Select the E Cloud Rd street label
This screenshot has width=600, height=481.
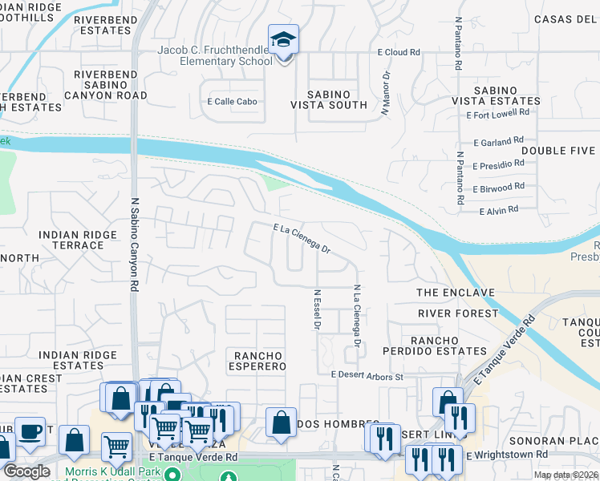click(x=399, y=52)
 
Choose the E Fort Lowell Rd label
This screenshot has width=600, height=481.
click(x=497, y=115)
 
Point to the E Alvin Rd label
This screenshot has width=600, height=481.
click(x=498, y=210)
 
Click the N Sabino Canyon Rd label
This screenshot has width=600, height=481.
click(x=135, y=245)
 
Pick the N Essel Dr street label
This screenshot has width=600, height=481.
click(x=318, y=310)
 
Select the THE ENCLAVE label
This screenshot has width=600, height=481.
click(x=455, y=293)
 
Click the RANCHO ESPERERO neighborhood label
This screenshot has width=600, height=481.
click(x=259, y=361)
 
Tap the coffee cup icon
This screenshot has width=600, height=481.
click(x=30, y=431)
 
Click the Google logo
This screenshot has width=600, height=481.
click(x=26, y=471)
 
